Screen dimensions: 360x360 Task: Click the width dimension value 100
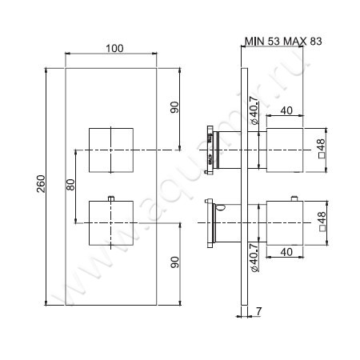coord(114,49)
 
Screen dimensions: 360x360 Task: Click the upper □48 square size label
coord(322,149)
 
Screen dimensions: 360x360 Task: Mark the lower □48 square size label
coord(322,221)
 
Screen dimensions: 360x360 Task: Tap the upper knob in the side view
coord(286,149)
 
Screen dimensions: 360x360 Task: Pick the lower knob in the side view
coord(286,221)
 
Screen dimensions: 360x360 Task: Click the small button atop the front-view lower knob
coord(113,198)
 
